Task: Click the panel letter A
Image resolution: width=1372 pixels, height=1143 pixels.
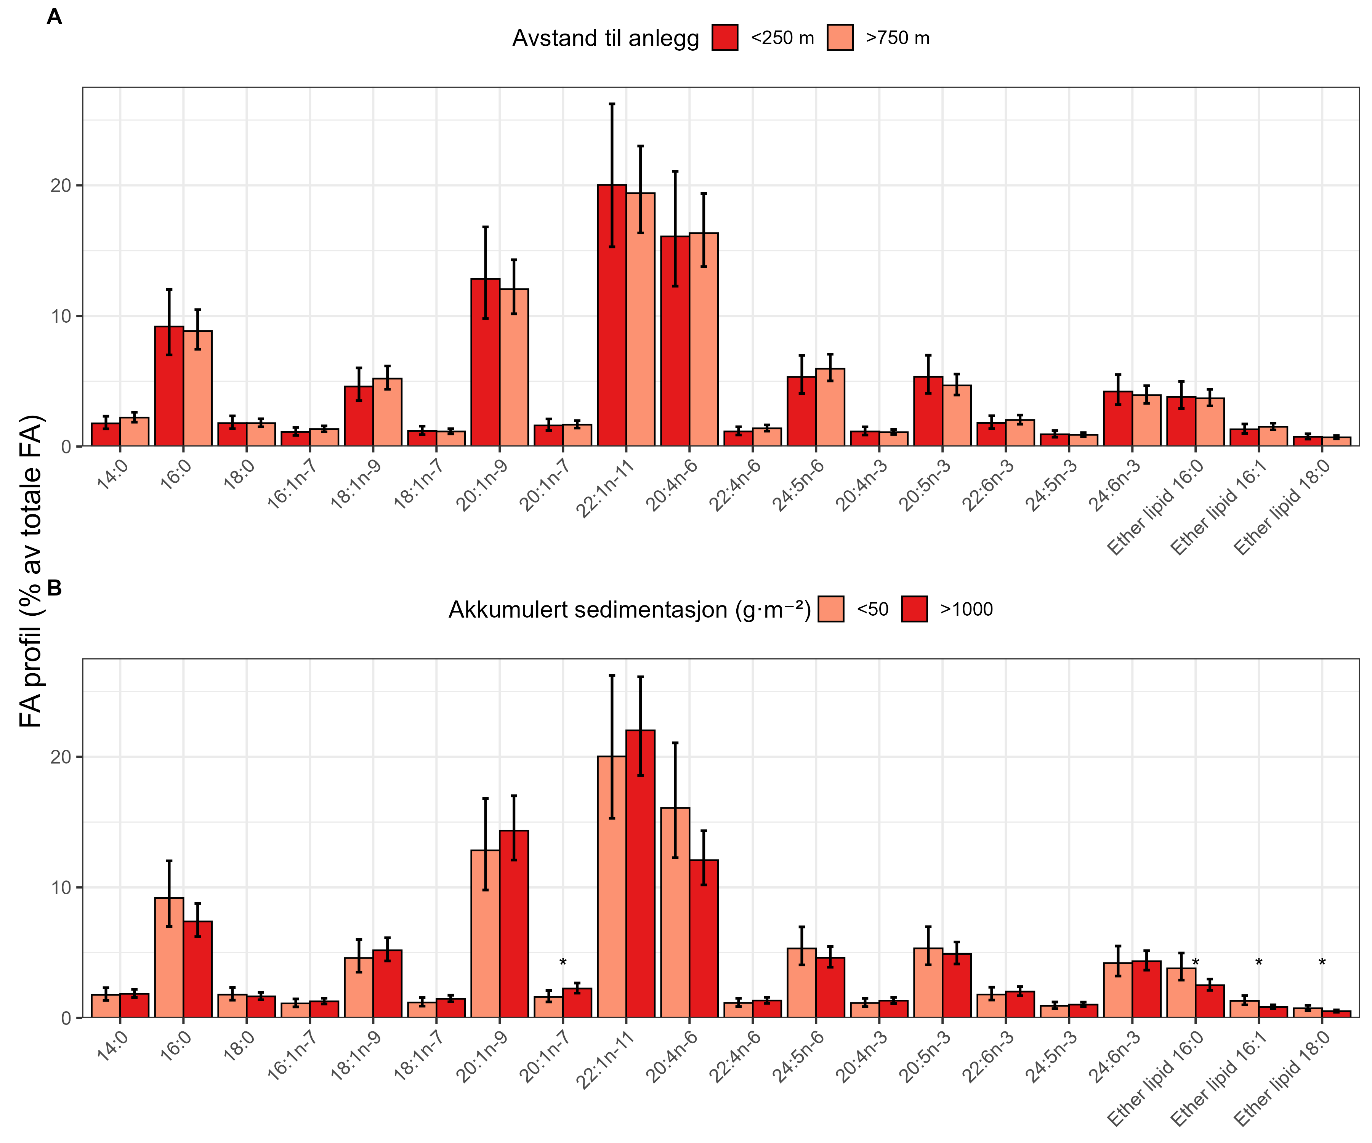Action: tap(54, 17)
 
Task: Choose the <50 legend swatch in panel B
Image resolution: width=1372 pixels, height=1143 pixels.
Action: tap(830, 609)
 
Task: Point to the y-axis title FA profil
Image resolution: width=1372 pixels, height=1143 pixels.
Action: tap(31, 571)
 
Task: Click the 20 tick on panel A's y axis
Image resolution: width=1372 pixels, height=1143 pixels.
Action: tap(60, 186)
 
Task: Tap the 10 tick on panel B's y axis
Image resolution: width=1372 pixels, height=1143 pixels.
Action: tap(60, 888)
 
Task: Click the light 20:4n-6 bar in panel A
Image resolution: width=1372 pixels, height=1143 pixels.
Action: tap(703, 339)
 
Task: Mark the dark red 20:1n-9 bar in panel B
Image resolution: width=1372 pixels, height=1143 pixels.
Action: tap(514, 924)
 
